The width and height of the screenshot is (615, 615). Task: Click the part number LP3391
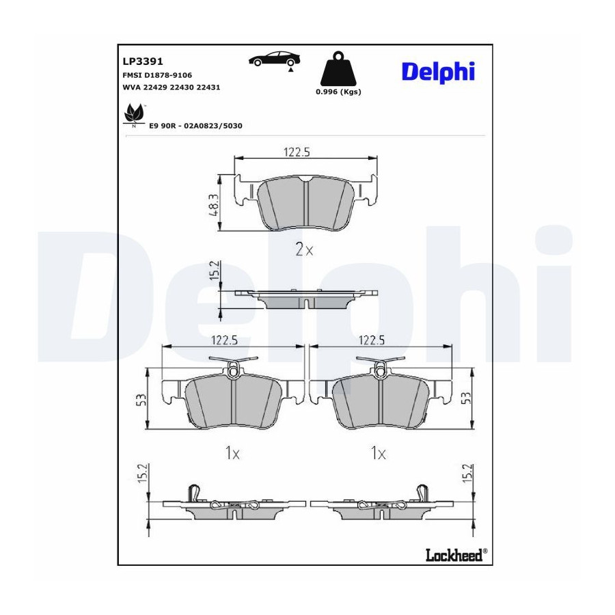[143, 61]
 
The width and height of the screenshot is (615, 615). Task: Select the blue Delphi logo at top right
[438, 72]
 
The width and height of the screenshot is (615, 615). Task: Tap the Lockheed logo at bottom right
[456, 555]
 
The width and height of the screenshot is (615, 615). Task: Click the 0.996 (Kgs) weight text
[338, 92]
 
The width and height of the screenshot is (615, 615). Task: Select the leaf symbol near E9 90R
[134, 115]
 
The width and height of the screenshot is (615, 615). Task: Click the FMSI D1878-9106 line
[157, 75]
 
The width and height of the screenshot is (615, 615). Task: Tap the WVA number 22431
[208, 87]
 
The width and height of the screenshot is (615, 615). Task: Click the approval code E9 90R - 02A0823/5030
[195, 126]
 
